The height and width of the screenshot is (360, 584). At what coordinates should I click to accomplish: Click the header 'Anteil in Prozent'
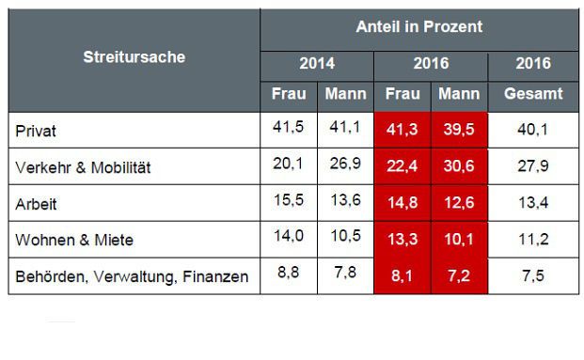point(419,26)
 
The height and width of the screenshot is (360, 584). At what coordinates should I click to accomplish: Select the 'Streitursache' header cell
point(134,57)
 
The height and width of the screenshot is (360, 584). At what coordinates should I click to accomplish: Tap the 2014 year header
point(317,64)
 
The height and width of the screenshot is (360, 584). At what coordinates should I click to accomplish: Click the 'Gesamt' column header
point(533,94)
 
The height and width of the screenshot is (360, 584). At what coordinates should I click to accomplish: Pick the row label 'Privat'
point(37,131)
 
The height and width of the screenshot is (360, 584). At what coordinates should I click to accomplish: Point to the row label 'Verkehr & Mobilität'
point(84,168)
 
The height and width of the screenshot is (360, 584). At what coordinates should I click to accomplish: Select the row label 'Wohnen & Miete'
point(75,240)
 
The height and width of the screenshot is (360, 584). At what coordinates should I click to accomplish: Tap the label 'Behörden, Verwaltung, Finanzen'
point(133,276)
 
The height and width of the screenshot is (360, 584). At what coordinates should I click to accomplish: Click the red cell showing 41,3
point(402,130)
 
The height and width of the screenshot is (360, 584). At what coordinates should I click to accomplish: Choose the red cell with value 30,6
point(459,166)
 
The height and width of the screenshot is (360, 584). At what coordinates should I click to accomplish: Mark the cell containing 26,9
point(345,166)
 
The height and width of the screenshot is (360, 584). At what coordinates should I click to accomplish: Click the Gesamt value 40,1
point(533,130)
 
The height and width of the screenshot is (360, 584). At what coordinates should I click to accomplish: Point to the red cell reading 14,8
point(402,202)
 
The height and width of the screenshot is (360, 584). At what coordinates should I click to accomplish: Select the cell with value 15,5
point(289,202)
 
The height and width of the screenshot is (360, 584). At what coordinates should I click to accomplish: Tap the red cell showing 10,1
point(459,239)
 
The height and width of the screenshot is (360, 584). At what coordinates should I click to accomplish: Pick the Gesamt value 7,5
point(533,275)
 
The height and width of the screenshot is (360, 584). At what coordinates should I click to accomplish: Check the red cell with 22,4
point(402,166)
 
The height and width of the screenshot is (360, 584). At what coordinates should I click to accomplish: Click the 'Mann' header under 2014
point(345,94)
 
